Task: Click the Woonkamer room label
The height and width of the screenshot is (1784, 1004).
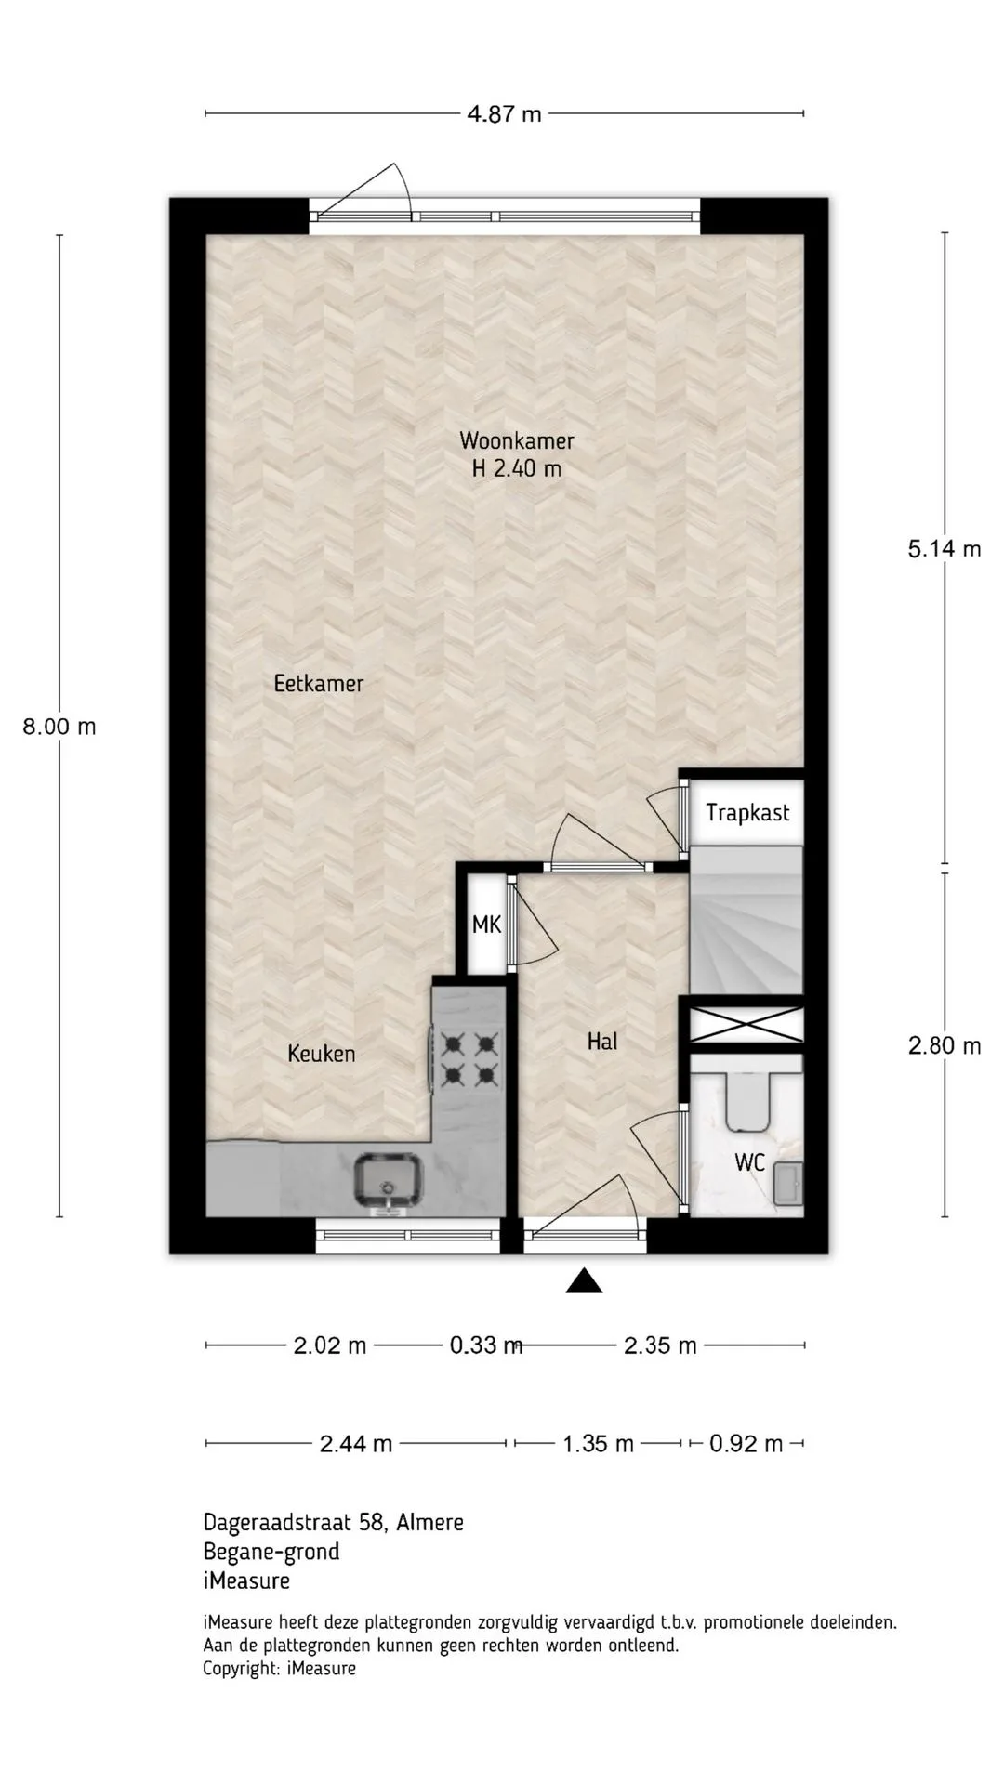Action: tap(517, 440)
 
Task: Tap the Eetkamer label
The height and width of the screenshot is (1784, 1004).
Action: tap(319, 684)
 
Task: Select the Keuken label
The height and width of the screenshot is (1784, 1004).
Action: tap(322, 1054)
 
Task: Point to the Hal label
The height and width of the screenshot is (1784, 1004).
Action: tap(602, 1042)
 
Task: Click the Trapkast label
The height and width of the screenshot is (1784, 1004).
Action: tap(747, 813)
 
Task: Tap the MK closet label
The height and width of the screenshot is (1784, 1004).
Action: tap(486, 925)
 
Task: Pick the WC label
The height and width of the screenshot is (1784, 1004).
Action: tap(749, 1162)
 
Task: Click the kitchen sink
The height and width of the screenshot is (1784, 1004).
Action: tap(389, 1181)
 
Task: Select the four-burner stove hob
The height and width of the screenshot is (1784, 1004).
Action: tap(469, 1060)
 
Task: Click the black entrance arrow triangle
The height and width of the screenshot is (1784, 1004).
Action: tap(584, 1280)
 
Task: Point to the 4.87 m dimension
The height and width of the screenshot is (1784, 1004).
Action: tap(504, 114)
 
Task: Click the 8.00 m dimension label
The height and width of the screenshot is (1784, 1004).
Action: tap(59, 727)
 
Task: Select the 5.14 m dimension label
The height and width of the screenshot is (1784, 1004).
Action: tap(945, 549)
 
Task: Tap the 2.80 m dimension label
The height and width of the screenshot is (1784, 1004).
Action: tap(945, 1046)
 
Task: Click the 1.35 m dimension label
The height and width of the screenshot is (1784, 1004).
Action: tap(598, 1444)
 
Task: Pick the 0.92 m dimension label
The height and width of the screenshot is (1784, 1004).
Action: tap(746, 1444)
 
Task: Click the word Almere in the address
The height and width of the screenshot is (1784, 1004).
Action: tap(429, 1523)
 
